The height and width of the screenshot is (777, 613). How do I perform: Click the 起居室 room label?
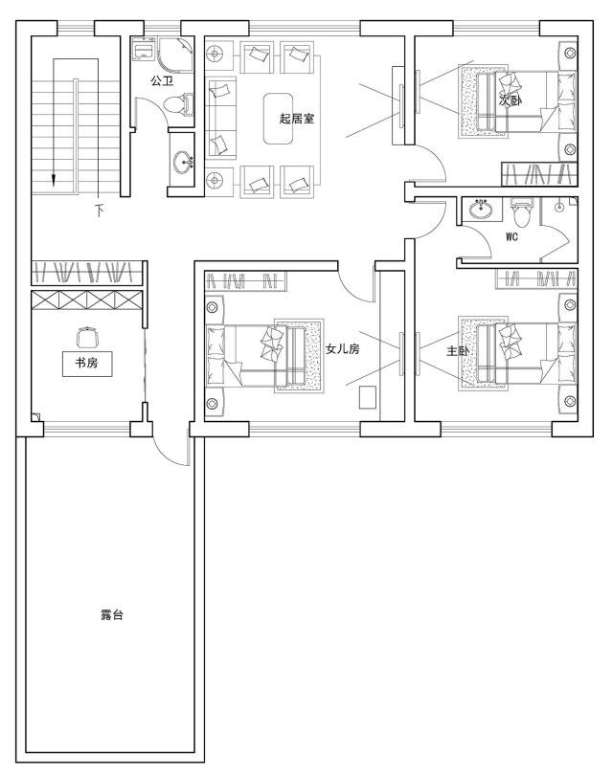click(x=297, y=119)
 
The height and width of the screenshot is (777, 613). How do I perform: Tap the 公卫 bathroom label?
click(x=162, y=80)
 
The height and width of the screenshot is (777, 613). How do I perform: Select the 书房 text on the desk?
click(x=86, y=363)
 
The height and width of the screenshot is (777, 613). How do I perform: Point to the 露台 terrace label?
click(x=112, y=615)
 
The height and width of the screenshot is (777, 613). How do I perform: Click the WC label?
click(x=511, y=237)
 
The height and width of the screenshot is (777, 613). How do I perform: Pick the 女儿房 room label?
click(x=342, y=349)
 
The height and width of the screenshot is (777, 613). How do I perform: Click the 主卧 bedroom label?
click(x=457, y=351)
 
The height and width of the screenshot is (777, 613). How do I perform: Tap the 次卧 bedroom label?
click(x=511, y=100)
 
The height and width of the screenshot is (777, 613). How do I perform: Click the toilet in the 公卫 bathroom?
click(x=178, y=104)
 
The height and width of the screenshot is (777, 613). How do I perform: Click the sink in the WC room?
click(x=481, y=209)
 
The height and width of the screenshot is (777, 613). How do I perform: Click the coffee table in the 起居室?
click(x=278, y=119)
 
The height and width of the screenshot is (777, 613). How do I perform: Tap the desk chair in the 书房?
click(x=87, y=337)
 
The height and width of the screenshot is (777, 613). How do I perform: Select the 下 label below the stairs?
click(x=101, y=211)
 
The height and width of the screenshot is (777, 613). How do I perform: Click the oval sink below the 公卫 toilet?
click(x=182, y=162)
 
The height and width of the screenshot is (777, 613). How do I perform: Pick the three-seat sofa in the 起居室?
click(x=221, y=118)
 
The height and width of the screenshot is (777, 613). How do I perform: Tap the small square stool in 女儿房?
click(x=368, y=397)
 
